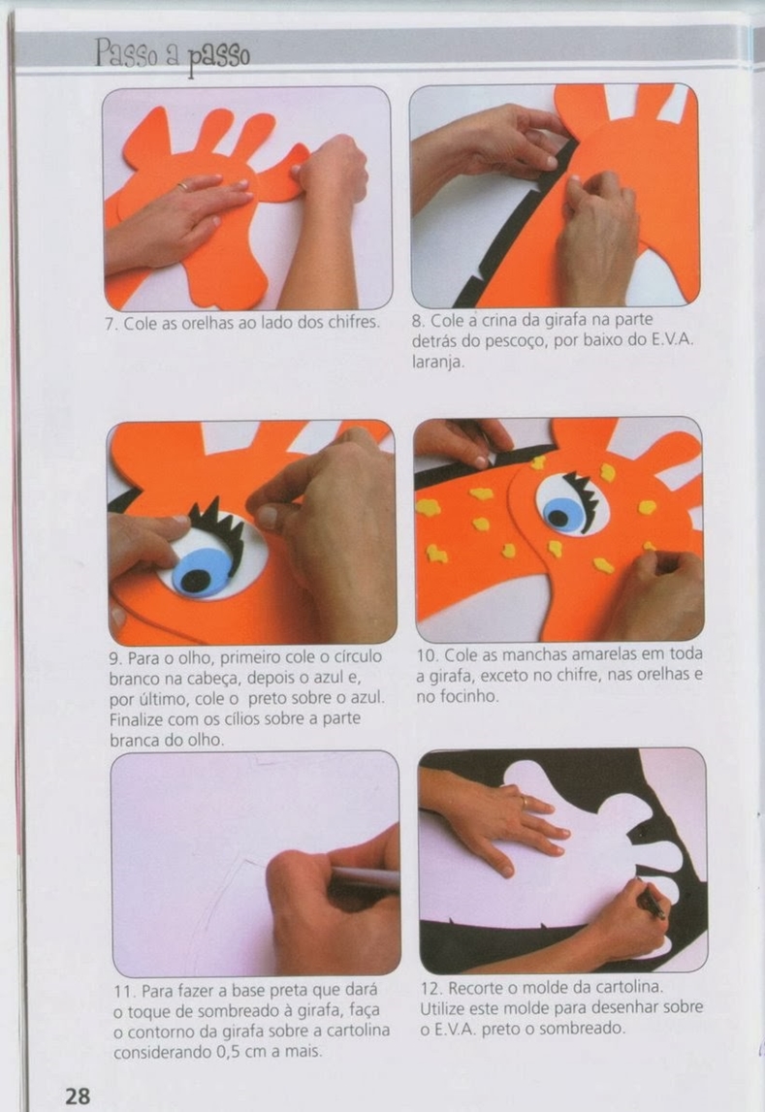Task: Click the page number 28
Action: click(x=78, y=1096)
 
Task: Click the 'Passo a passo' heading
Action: click(x=173, y=54)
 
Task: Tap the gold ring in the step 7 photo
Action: click(x=183, y=186)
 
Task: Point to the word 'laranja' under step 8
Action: click(x=437, y=363)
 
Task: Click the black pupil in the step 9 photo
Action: click(x=195, y=581)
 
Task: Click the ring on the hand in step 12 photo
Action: click(x=524, y=801)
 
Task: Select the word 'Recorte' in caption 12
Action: click(x=476, y=988)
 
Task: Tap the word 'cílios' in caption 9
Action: click(x=265, y=719)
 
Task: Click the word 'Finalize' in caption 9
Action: click(x=136, y=719)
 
